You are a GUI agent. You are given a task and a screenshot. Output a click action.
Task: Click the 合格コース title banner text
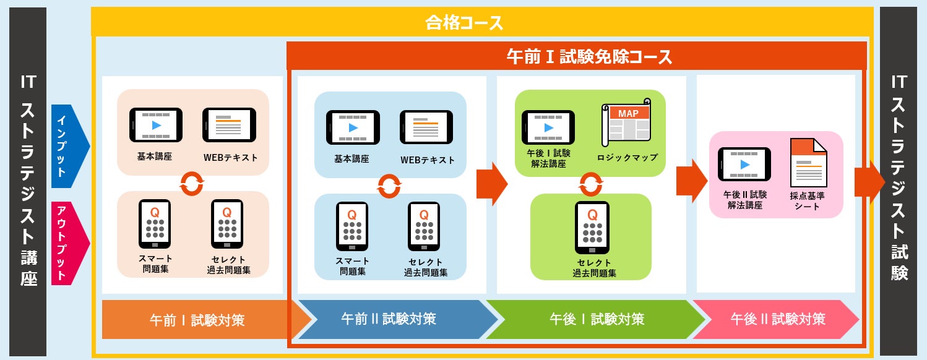point(464,24)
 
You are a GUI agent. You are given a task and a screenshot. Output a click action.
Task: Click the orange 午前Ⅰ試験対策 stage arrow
point(197,320)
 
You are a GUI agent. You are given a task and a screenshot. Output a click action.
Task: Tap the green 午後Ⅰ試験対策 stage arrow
point(597,319)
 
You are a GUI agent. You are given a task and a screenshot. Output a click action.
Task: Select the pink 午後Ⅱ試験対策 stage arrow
point(777,319)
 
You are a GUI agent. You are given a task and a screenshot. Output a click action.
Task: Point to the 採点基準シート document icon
point(808,163)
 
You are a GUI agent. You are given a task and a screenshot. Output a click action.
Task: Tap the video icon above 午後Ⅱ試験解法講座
point(744,165)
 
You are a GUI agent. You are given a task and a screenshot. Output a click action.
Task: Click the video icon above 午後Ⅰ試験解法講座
point(548,127)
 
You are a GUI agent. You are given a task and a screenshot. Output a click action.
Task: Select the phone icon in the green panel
point(592,227)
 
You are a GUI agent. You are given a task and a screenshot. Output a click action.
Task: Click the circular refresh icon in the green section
point(591,184)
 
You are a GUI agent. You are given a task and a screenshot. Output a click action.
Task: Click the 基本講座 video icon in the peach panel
point(156,125)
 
